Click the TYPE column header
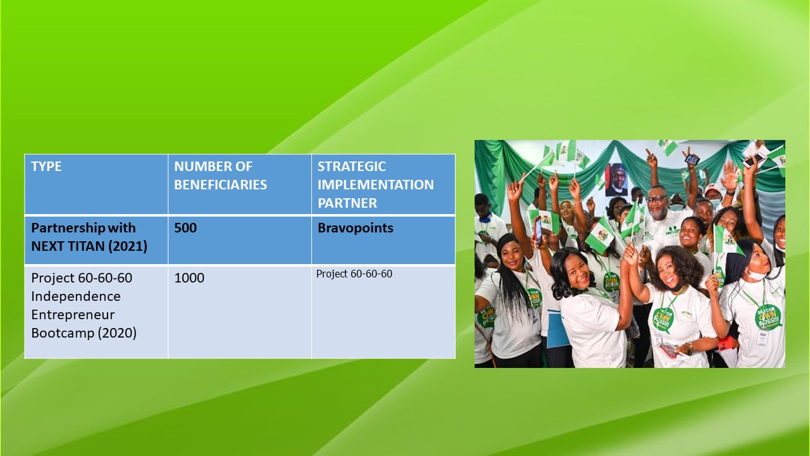click(46, 167)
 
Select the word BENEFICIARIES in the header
click(221, 185)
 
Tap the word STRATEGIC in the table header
click(351, 167)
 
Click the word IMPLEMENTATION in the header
click(375, 185)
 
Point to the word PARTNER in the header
click(347, 203)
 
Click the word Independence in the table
click(76, 296)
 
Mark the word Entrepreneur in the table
click(73, 315)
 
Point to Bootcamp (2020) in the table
click(84, 333)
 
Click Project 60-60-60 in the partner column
click(354, 274)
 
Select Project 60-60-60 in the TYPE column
click(82, 278)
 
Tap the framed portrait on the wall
click(616, 179)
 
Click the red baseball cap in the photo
click(713, 189)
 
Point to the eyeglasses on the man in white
click(656, 199)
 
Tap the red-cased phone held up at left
click(538, 231)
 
